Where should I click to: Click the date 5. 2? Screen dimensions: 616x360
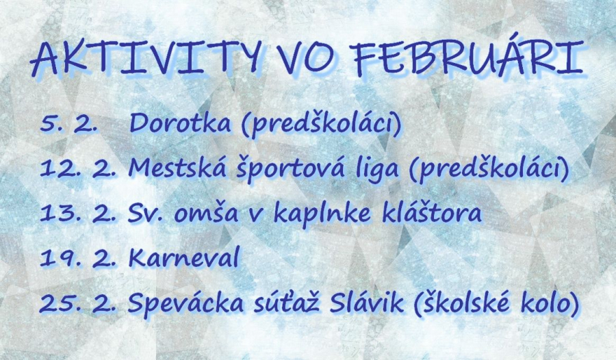68,124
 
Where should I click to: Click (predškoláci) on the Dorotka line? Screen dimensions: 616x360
322,123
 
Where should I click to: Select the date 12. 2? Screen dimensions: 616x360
78,169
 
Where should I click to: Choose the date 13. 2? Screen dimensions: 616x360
78,214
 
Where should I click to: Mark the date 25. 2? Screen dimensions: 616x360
78,304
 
